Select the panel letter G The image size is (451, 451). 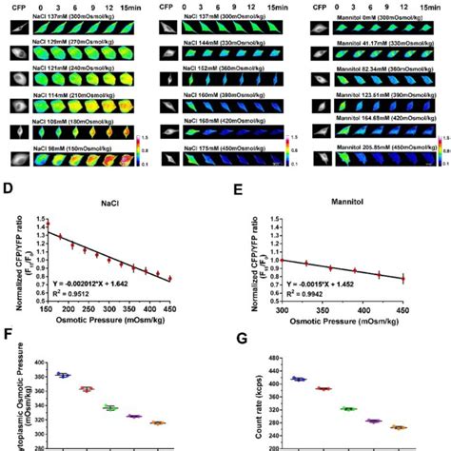[x=235, y=334]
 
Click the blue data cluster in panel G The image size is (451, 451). [x=300, y=379]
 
